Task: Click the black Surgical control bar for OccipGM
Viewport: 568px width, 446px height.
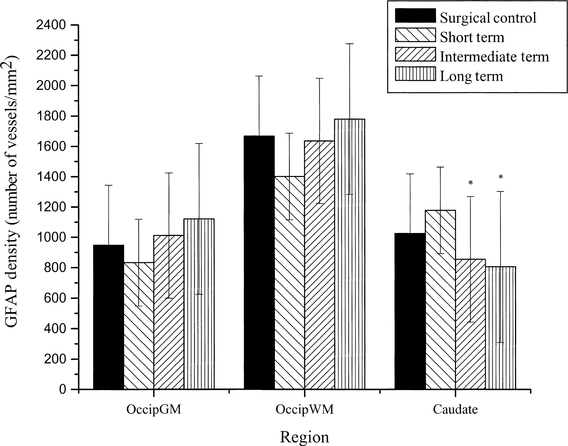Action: point(109,317)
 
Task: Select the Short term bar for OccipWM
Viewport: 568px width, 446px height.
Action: point(289,283)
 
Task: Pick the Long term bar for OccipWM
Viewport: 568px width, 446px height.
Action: point(350,254)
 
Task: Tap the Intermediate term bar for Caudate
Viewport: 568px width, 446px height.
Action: point(471,324)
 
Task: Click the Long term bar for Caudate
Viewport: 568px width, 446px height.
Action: point(501,328)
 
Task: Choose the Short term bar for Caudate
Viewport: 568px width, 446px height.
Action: point(441,300)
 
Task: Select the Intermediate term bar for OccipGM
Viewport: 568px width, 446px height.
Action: point(169,312)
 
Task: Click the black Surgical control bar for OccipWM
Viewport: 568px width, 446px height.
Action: point(259,263)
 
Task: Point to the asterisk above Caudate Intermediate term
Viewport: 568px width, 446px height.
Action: point(471,183)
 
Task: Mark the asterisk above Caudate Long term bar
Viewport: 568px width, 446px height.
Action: point(501,177)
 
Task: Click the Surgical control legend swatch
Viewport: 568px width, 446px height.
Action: point(415,16)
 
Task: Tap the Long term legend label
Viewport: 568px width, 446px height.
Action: point(471,76)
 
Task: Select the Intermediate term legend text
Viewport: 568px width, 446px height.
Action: point(494,57)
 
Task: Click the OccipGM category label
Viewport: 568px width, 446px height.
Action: point(154,409)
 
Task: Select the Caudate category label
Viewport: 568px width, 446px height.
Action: point(455,409)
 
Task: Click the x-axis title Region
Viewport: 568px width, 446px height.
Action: point(305,437)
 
